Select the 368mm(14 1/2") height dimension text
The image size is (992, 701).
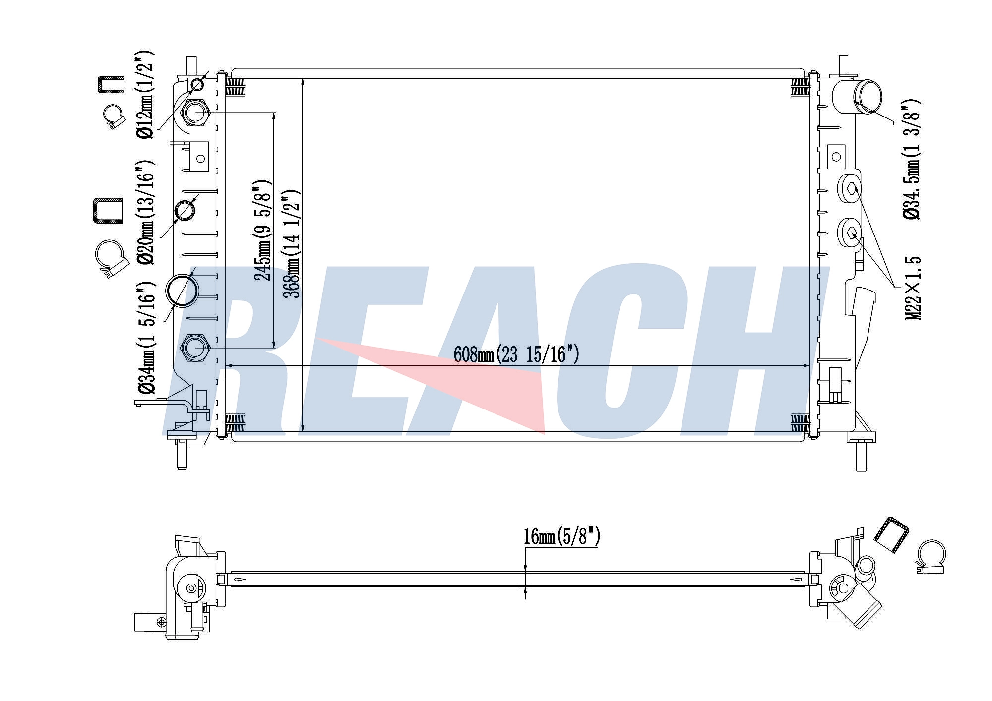pos(291,243)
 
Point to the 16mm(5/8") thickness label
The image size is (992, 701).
pos(562,536)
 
